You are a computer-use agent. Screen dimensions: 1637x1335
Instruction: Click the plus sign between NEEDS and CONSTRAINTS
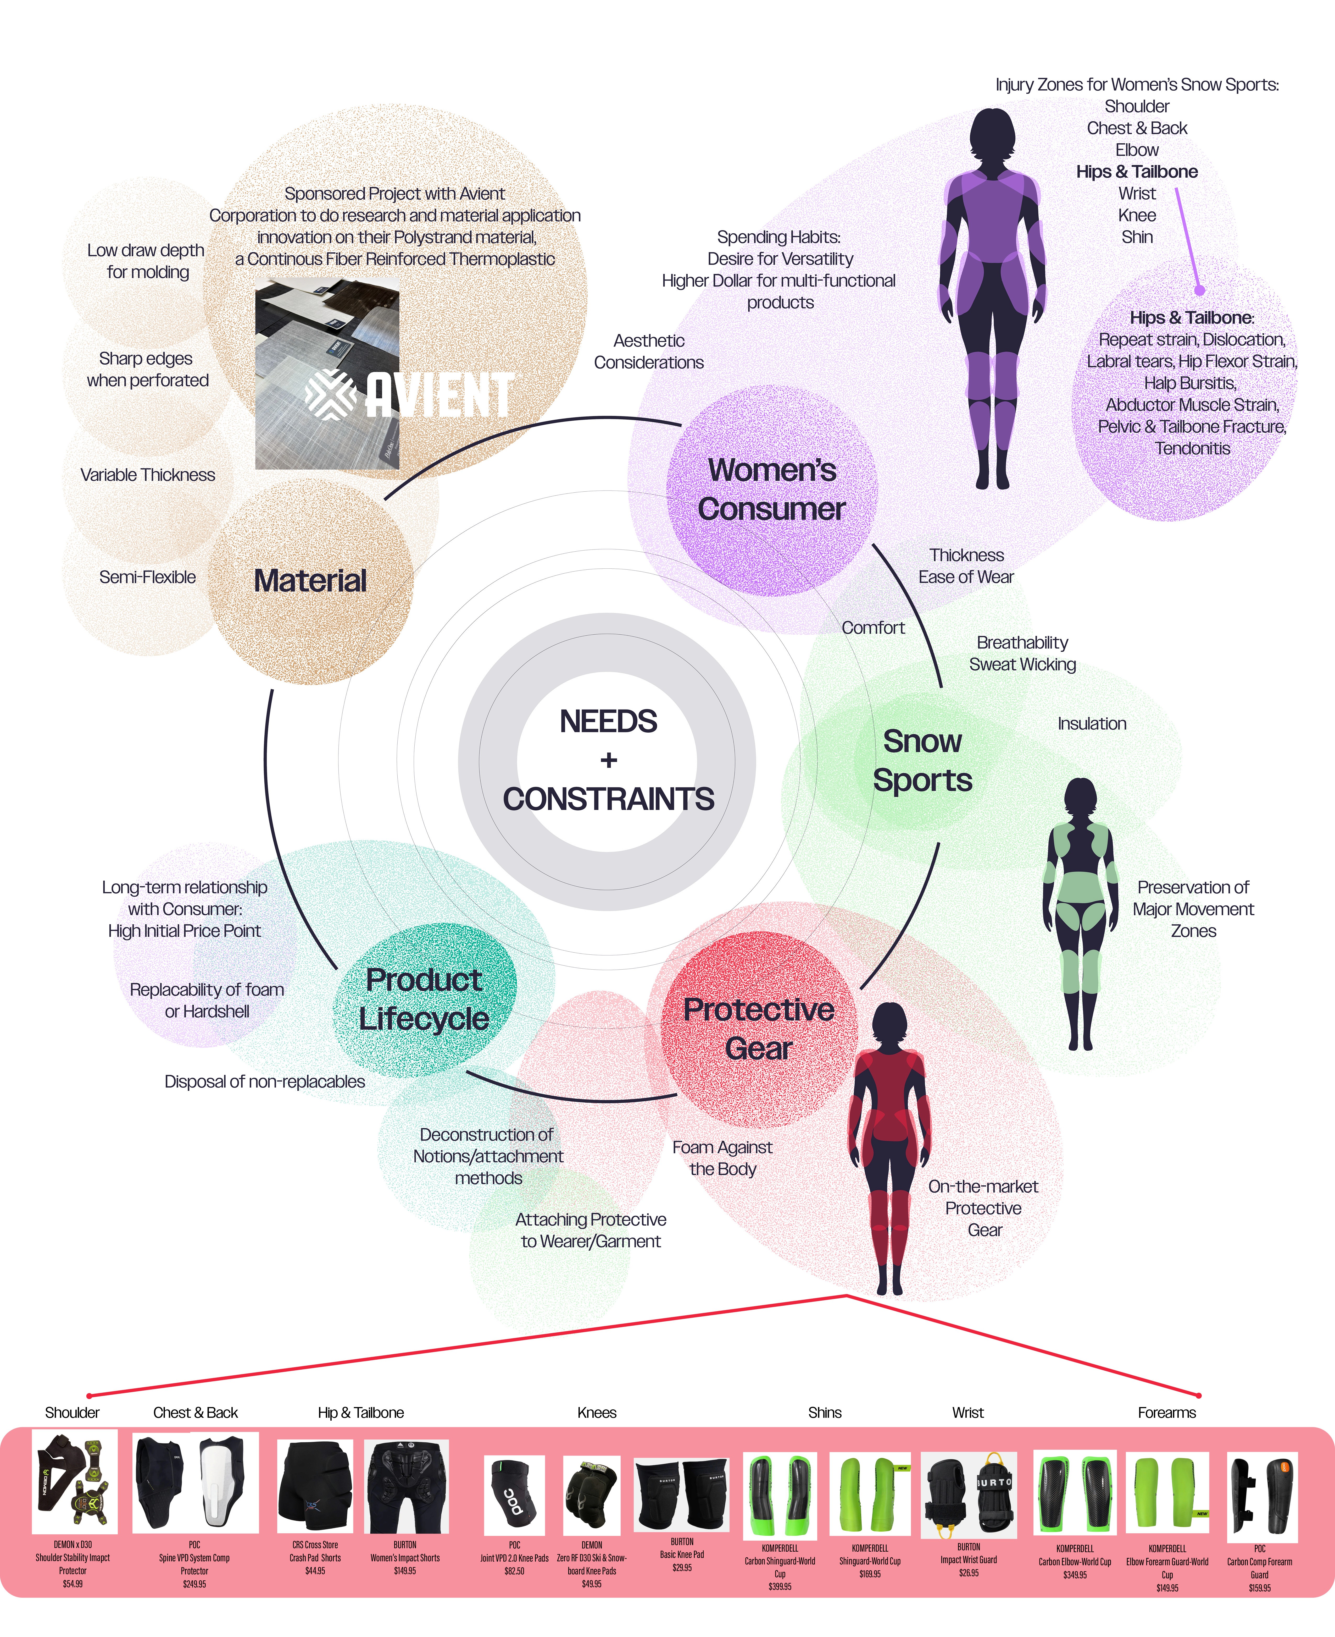[x=609, y=760]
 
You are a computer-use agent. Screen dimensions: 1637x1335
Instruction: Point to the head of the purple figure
[x=992, y=135]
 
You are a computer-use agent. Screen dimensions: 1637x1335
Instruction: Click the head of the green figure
[x=1081, y=800]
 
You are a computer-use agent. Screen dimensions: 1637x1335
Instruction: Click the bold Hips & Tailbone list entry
[x=1137, y=172]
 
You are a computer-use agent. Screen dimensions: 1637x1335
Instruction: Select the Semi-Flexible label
[x=148, y=577]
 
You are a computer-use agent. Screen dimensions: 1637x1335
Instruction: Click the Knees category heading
[x=597, y=1412]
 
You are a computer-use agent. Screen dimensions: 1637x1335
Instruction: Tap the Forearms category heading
[x=1167, y=1412]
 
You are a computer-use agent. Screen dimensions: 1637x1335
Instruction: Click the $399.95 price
[x=780, y=1586]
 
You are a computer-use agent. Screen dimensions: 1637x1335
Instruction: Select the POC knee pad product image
[x=514, y=1496]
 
